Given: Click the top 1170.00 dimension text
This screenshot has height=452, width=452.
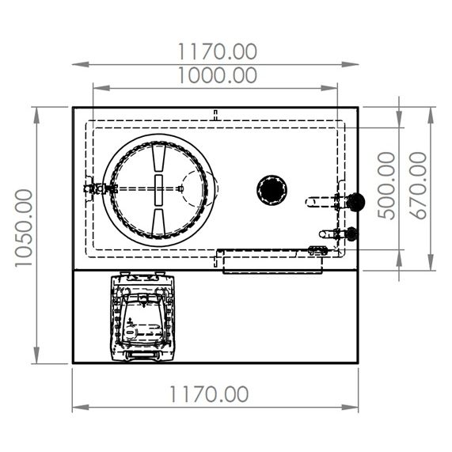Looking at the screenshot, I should coord(217,51).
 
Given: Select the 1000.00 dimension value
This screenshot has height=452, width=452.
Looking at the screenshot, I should coord(217,75).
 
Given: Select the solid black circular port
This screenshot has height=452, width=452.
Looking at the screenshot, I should coord(271,189).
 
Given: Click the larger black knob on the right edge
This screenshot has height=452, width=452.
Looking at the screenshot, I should coord(355,202).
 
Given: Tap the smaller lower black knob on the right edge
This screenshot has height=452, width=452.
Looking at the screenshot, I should coord(351,234).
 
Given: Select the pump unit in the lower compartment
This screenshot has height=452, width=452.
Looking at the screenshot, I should coord(143,317).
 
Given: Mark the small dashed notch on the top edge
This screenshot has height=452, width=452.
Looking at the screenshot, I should coord(215,115).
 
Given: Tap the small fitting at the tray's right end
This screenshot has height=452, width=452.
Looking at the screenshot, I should coord(317,251).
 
